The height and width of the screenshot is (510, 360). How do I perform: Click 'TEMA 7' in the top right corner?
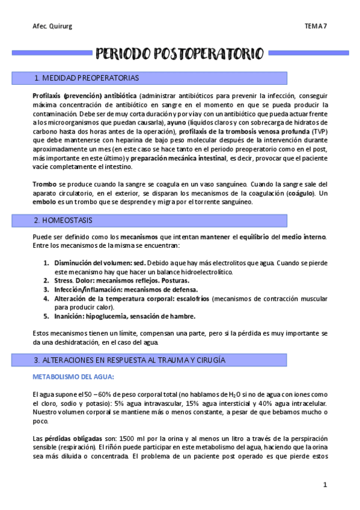(x=316, y=26)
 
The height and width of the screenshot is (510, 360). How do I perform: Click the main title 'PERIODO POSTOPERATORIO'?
(x=180, y=54)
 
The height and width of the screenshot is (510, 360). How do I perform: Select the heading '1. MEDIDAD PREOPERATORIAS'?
(x=87, y=78)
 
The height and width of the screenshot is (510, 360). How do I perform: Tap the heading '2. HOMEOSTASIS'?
(x=66, y=221)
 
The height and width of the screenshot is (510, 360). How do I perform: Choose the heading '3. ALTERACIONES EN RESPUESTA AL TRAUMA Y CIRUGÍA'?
(x=130, y=360)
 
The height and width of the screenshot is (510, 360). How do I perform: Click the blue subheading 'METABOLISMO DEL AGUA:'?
(x=73, y=377)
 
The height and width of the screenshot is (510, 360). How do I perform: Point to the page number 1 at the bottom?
(x=325, y=484)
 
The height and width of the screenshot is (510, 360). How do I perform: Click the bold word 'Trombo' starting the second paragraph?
(x=43, y=184)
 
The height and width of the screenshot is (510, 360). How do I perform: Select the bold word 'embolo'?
(x=43, y=202)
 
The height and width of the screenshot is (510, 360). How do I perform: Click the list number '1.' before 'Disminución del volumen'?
(x=47, y=263)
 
